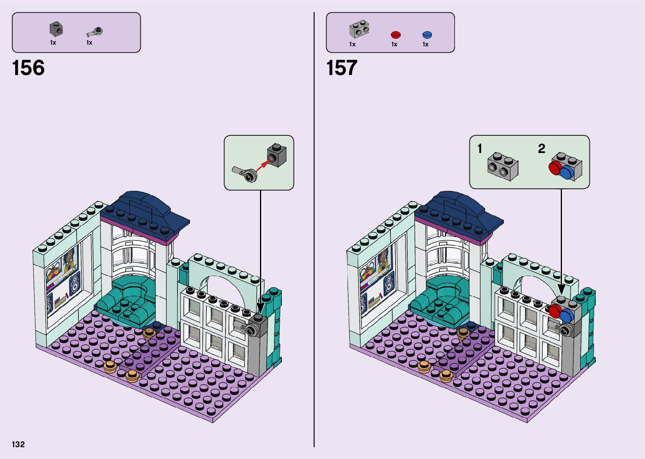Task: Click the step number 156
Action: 28,68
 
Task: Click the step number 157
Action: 342,68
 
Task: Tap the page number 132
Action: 19,444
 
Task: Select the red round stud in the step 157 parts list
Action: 396,35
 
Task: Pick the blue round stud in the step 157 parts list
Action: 427,35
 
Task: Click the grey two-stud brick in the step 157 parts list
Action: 359,29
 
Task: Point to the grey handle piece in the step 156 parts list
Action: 95,32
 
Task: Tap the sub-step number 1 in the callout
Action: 479,149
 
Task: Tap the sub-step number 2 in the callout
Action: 541,149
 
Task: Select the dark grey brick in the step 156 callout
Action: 277,155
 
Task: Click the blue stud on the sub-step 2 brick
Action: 567,172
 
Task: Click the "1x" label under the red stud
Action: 394,44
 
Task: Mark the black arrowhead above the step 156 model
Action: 260,308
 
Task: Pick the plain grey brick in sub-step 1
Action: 503,166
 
